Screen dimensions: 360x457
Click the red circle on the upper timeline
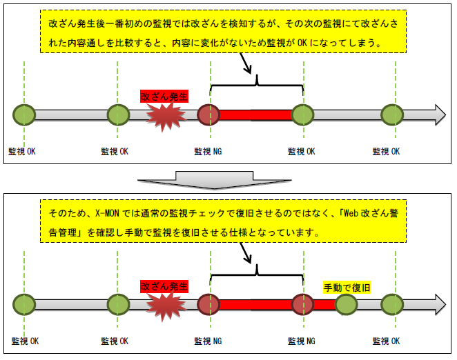[208, 114]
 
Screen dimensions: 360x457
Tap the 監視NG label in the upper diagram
[208, 151]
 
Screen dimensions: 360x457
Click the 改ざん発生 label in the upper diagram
[164, 96]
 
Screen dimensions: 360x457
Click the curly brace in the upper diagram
[257, 84]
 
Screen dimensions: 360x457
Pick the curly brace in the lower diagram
[257, 273]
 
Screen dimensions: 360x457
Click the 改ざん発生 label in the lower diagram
[164, 286]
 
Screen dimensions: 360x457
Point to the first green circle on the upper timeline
[23, 114]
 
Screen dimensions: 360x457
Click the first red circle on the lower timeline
[208, 304]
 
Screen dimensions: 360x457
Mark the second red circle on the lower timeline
[302, 304]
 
